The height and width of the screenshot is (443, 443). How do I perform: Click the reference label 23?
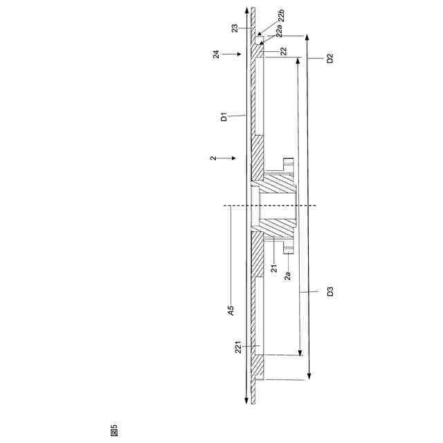[x=235, y=28]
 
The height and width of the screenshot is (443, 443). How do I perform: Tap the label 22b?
[x=282, y=16]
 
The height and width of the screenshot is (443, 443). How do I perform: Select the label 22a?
[x=279, y=30]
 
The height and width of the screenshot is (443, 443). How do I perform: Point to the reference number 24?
[x=216, y=54]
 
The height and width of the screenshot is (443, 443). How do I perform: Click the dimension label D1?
[x=224, y=117]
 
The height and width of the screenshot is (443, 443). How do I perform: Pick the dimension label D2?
[x=329, y=58]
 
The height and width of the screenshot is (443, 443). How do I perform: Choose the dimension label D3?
[x=330, y=291]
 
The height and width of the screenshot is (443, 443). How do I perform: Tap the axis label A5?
[x=231, y=311]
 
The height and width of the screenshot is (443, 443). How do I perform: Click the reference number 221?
[x=238, y=347]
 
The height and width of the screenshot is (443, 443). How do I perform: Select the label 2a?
[x=287, y=275]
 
